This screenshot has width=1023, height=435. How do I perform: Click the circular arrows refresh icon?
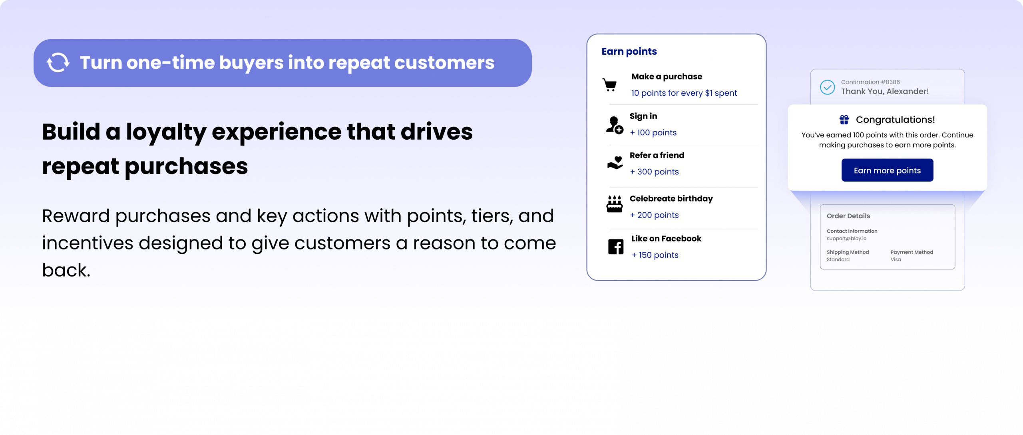click(58, 63)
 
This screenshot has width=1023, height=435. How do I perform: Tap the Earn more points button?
click(887, 170)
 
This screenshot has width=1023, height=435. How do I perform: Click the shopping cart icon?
click(609, 85)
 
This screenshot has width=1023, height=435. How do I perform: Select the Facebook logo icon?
click(616, 247)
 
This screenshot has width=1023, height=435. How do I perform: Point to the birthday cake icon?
click(615, 204)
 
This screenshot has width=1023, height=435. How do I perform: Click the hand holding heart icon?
click(615, 163)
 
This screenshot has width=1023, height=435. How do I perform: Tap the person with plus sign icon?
click(615, 125)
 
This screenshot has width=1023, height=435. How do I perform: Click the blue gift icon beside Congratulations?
click(844, 120)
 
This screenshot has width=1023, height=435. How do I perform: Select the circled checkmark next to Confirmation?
click(827, 87)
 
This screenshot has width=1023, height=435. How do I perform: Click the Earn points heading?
click(629, 51)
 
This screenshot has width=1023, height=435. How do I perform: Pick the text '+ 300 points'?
click(654, 172)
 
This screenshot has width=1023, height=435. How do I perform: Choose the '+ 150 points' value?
click(655, 255)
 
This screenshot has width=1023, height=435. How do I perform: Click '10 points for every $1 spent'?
click(684, 93)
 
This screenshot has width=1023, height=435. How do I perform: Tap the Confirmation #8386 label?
click(870, 82)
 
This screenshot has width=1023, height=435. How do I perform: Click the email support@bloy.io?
click(846, 239)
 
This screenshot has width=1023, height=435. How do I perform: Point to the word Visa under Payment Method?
click(896, 259)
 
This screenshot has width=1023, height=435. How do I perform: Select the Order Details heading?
click(848, 216)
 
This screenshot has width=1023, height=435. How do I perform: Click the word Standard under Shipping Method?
click(838, 259)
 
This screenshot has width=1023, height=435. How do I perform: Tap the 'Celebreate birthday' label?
click(671, 199)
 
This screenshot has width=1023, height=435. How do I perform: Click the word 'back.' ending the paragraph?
click(66, 270)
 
